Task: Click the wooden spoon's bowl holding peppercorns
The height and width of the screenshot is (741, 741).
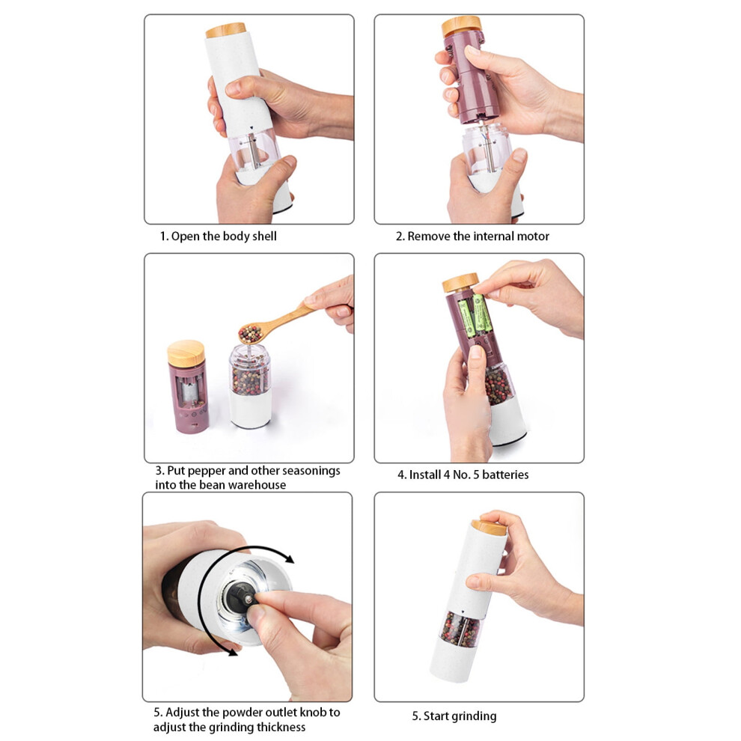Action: click(x=251, y=334)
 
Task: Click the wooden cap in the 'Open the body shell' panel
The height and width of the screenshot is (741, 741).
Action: click(x=226, y=30)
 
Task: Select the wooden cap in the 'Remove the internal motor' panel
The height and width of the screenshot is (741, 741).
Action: click(x=461, y=26)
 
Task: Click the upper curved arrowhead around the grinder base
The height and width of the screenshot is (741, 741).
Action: click(x=287, y=558)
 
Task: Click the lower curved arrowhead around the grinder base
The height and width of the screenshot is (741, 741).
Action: click(x=231, y=651)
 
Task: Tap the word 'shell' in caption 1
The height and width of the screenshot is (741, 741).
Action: click(x=264, y=236)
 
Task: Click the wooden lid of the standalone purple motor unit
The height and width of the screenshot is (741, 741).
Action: click(x=186, y=353)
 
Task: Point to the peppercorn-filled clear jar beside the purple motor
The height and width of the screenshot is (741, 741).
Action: click(x=250, y=385)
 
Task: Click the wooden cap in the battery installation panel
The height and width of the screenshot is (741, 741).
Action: click(x=460, y=283)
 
